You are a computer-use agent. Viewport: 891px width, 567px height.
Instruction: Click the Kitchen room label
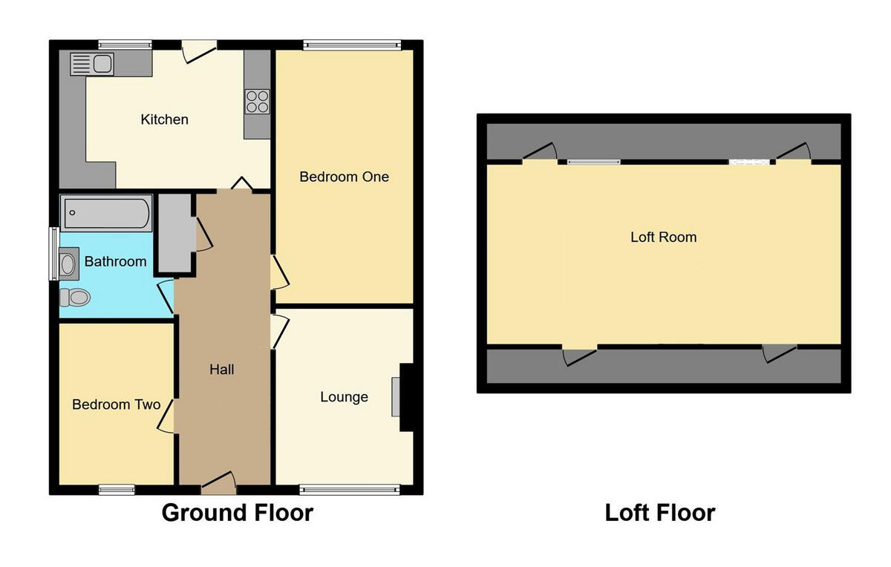pyautogui.click(x=164, y=119)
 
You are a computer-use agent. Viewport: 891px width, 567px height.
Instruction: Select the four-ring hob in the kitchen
pyautogui.click(x=257, y=101)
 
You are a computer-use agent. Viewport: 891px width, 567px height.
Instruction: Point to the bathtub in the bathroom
pyautogui.click(x=106, y=214)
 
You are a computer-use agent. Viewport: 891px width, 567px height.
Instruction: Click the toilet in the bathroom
pyautogui.click(x=75, y=298)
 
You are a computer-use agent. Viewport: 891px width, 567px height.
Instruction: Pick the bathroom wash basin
pyautogui.click(x=68, y=263)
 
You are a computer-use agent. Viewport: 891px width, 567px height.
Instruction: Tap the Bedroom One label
pyautogui.click(x=344, y=177)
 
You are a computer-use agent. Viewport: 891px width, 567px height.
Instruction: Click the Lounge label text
pyautogui.click(x=344, y=397)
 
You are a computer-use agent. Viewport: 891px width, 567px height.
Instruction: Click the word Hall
pyautogui.click(x=222, y=369)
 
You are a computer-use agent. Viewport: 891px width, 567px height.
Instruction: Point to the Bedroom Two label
pyautogui.click(x=116, y=404)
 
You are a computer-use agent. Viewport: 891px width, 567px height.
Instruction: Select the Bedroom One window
pyautogui.click(x=351, y=45)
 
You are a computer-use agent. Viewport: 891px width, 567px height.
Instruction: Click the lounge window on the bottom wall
pyautogui.click(x=350, y=489)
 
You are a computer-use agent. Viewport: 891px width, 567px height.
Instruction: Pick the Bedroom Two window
pyautogui.click(x=117, y=489)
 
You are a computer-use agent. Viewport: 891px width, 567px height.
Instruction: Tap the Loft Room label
pyautogui.click(x=663, y=237)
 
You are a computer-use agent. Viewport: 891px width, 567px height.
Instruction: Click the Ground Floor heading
pyautogui.click(x=237, y=513)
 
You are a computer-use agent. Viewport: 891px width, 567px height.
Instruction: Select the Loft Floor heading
pyautogui.click(x=659, y=513)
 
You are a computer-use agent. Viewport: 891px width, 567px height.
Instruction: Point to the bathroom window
pyautogui.click(x=53, y=254)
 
